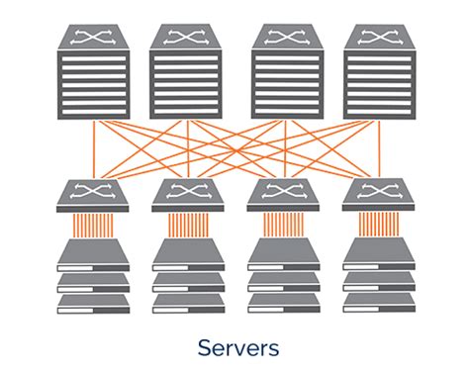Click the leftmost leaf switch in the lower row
[x=94, y=195]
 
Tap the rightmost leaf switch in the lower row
[x=376, y=195]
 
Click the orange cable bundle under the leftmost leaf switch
[x=93, y=225]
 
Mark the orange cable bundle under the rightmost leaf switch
[x=376, y=225]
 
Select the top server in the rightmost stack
[x=376, y=254]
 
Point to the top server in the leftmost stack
[x=93, y=254]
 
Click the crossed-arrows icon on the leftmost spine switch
[x=94, y=39]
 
